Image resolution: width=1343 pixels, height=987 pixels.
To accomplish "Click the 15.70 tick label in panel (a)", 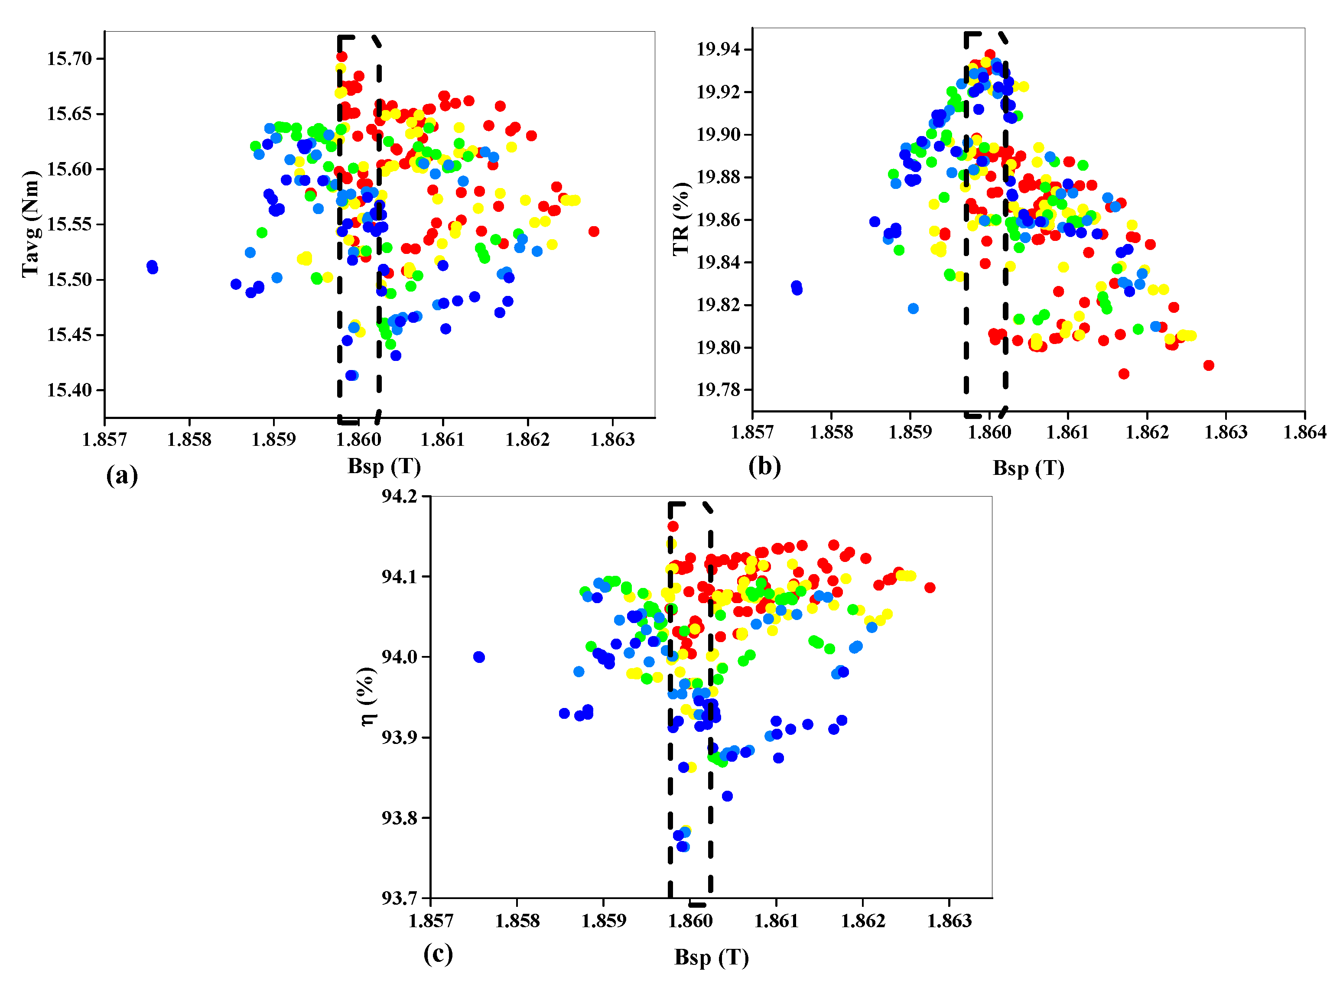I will point(70,58).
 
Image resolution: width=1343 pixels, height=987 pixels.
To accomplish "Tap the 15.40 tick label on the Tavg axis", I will point(70,390).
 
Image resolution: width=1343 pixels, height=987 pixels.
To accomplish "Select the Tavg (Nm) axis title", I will point(30,224).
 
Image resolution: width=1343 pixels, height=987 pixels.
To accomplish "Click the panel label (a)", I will point(122,476).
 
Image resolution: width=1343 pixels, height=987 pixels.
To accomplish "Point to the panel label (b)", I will point(764,466).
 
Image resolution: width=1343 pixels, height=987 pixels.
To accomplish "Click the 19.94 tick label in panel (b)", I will point(718,49).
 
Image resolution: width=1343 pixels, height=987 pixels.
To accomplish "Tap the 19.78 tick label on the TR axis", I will point(718,390).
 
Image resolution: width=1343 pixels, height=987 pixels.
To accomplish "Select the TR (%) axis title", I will point(681,219).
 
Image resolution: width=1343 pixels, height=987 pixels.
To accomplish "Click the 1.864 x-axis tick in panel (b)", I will point(1304,432).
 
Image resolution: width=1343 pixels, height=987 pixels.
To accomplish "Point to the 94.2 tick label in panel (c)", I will point(401,497).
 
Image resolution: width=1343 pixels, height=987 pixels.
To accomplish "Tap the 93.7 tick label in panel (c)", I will point(401,898).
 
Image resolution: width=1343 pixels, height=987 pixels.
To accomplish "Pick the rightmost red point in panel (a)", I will point(593,231).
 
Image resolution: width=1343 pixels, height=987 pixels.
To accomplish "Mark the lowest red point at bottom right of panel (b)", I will point(1124,374).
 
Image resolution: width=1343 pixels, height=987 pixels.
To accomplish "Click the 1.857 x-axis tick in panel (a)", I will point(104,440).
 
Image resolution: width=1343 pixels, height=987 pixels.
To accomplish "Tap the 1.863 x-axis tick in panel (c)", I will point(949,921).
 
